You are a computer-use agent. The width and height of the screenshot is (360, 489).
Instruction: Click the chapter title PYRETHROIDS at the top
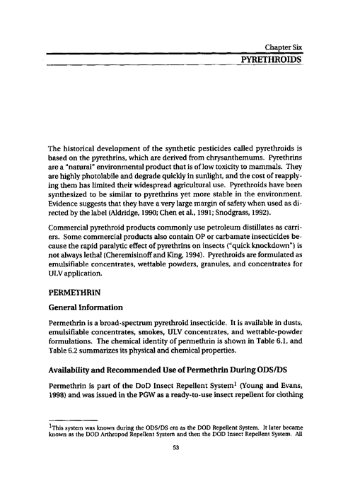point(272,62)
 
